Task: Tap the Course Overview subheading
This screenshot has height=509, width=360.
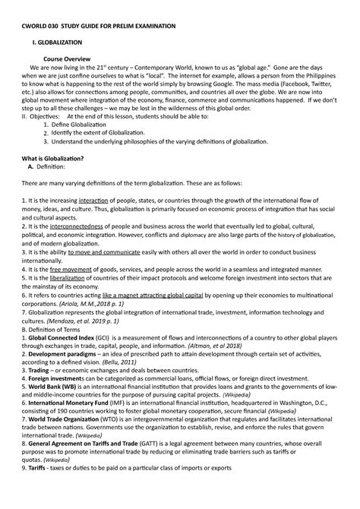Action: (67, 58)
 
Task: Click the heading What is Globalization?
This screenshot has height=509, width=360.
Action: (58, 157)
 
